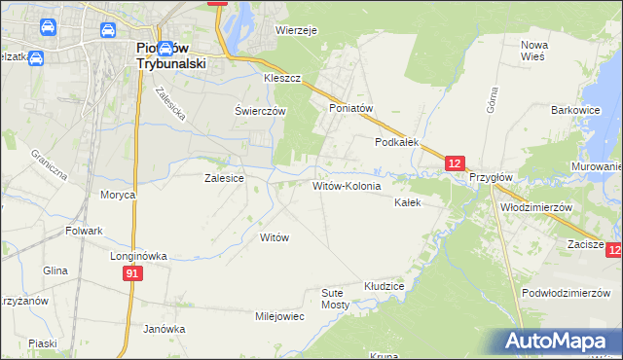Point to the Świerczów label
coord(260,111)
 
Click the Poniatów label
coord(351,108)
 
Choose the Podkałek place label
coord(397,141)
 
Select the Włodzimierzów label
coord(534,207)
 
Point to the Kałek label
coord(407,203)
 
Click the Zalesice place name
coord(223,178)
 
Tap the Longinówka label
coord(139,256)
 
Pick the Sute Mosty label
coord(335,298)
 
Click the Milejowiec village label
coord(279,316)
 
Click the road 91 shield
coord(133,275)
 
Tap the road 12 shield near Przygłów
coord(457,164)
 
